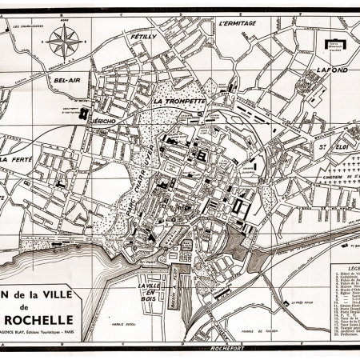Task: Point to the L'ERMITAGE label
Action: click(236, 24)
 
